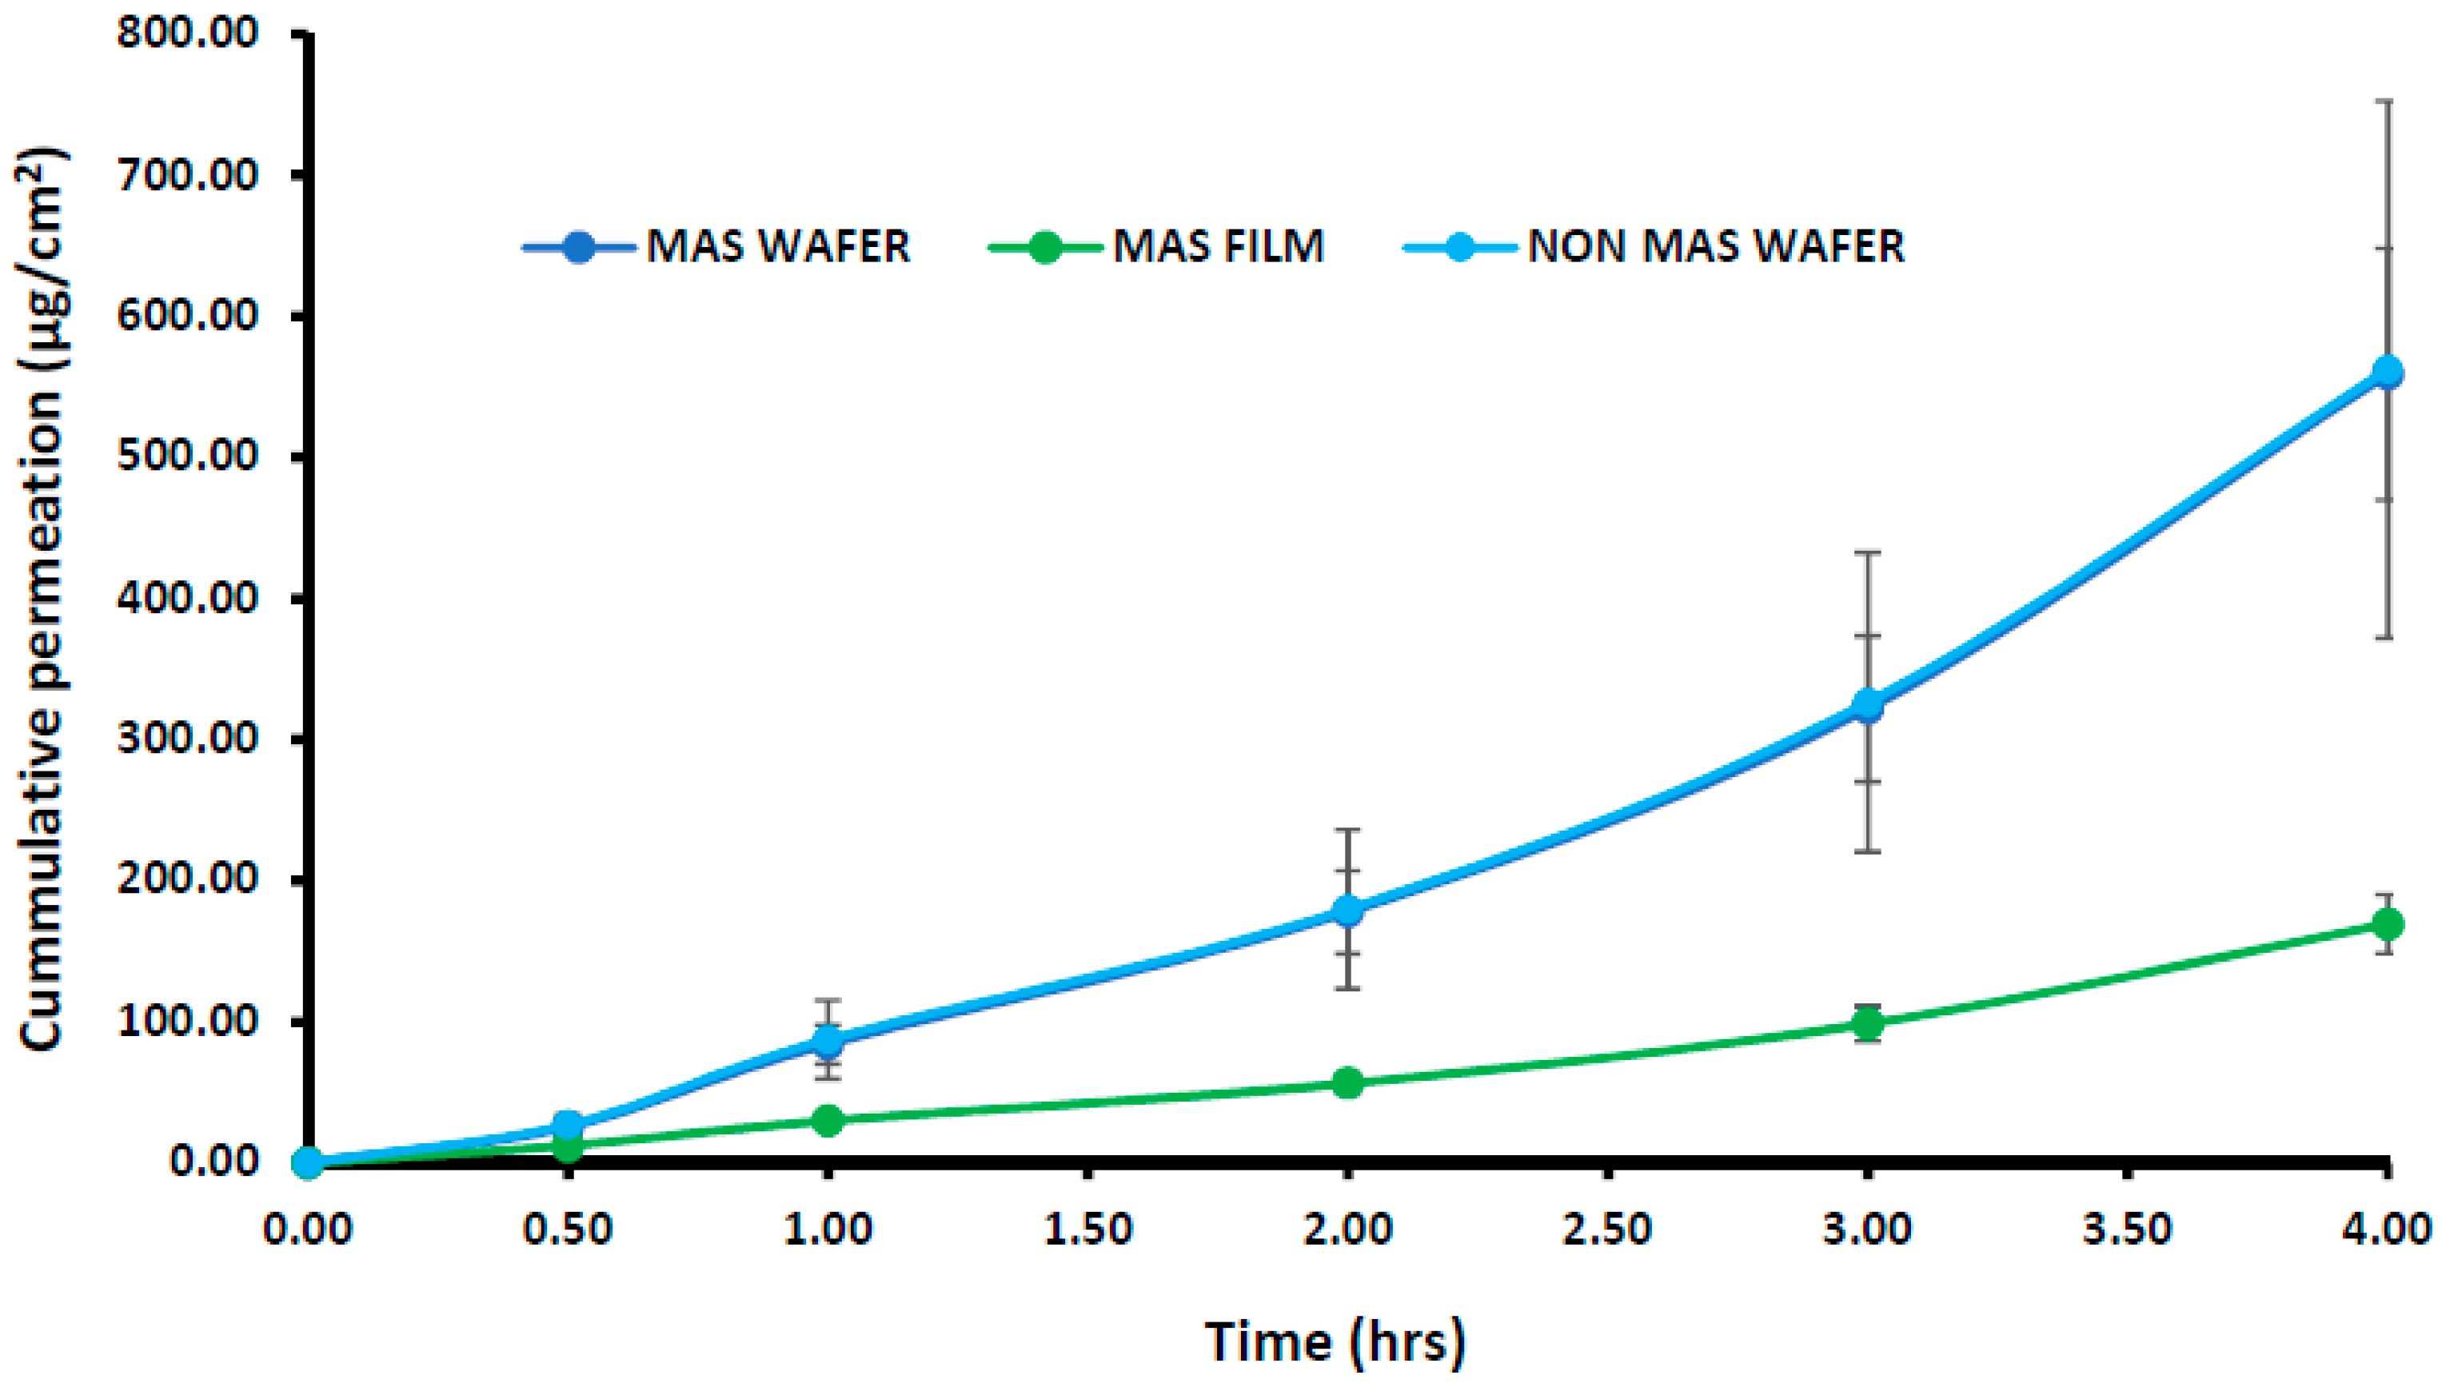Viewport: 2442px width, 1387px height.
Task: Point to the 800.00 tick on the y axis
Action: click(188, 34)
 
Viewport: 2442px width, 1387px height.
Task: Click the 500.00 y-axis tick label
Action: click(188, 456)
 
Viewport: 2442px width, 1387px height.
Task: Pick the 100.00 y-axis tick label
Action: click(188, 1021)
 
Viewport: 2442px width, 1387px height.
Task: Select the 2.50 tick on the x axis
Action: click(1607, 1229)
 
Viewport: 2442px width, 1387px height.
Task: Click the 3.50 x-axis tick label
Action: click(2128, 1229)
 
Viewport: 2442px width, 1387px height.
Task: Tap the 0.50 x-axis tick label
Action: click(568, 1229)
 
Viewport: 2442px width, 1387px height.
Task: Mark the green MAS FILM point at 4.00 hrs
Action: click(2388, 924)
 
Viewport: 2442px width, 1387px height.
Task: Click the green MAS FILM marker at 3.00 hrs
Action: click(1867, 1024)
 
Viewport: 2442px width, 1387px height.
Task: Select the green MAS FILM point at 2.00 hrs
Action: click(1347, 1082)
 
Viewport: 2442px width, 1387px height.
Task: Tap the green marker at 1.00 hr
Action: click(827, 1120)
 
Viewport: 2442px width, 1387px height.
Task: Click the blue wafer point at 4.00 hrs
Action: click(2388, 372)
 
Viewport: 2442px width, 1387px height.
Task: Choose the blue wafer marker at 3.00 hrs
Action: click(1867, 705)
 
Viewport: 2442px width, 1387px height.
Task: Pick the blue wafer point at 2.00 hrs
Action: click(1347, 910)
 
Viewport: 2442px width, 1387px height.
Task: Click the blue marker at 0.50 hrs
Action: click(568, 1126)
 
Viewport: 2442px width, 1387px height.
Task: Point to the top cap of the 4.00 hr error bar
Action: click(2388, 100)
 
